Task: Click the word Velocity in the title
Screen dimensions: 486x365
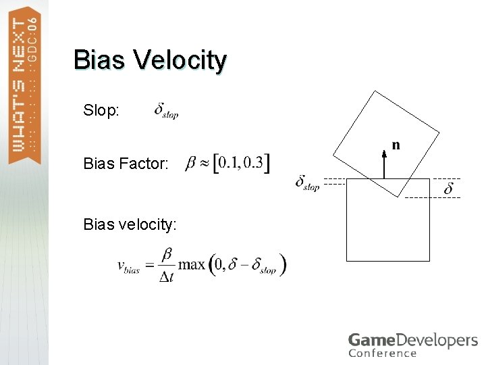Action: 180,60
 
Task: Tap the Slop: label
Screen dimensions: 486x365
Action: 102,109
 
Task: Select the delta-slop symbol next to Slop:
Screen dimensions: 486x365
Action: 166,110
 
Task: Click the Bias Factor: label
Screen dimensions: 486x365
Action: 126,164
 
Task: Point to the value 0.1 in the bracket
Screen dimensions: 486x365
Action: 227,164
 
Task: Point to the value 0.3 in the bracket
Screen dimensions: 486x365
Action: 254,164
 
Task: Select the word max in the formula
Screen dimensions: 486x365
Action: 191,264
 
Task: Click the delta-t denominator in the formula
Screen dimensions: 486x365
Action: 166,277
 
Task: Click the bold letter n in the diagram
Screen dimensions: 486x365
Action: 396,144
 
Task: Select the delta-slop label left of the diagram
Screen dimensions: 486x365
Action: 307,182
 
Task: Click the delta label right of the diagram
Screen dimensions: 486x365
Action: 449,189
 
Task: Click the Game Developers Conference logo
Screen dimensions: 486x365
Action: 412,344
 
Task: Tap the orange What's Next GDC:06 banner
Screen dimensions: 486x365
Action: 24,84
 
